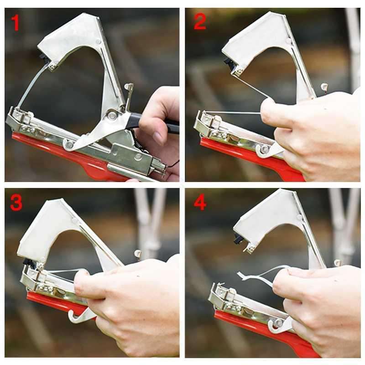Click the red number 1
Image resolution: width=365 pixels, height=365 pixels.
click(x=16, y=22)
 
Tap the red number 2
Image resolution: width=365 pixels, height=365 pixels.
click(x=199, y=21)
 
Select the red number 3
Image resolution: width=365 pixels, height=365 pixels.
click(x=16, y=203)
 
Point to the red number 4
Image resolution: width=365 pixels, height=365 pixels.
click(x=200, y=203)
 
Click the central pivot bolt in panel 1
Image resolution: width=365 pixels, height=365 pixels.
click(x=112, y=115)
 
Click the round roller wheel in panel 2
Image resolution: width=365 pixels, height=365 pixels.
click(x=264, y=150)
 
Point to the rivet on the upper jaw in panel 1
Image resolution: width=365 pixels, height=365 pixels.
click(x=98, y=42)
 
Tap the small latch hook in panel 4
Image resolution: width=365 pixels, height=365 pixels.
click(x=337, y=263)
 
